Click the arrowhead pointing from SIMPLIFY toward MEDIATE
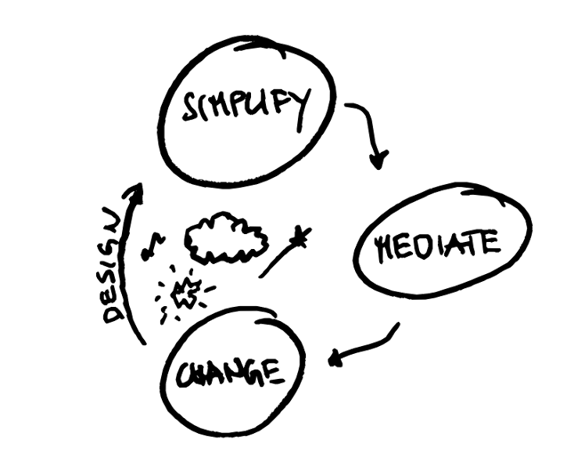tap(378, 162)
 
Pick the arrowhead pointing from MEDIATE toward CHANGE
tap(335, 359)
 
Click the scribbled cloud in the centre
tap(225, 239)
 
